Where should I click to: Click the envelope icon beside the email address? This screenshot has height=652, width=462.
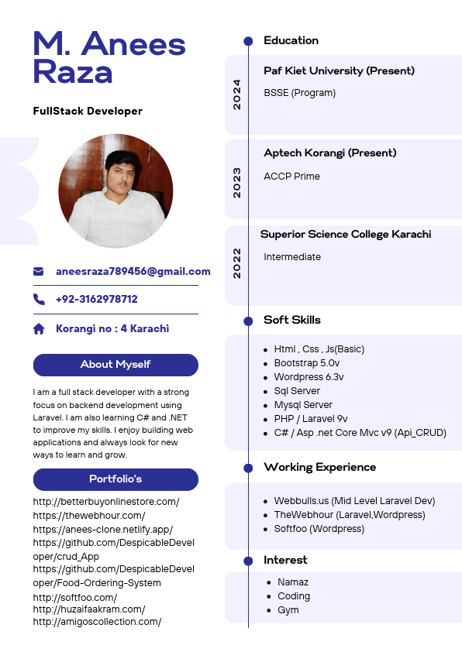tap(39, 272)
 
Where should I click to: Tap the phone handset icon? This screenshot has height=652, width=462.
tap(39, 299)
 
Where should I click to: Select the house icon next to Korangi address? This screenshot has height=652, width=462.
tap(39, 329)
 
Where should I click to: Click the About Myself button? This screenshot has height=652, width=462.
tap(115, 365)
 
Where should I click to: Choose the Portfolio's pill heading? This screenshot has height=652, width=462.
tap(115, 479)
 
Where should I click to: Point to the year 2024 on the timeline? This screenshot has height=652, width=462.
tap(237, 94)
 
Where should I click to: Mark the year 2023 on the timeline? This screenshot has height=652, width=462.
tap(237, 182)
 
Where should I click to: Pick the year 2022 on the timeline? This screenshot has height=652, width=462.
tap(237, 263)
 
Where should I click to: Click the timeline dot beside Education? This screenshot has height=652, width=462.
tap(248, 41)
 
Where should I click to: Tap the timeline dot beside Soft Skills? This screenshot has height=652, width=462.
tap(248, 321)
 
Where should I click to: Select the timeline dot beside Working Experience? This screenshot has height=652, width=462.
tap(248, 468)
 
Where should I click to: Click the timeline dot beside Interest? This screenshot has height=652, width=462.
tap(248, 561)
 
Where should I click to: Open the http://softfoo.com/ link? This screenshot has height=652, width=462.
tap(75, 598)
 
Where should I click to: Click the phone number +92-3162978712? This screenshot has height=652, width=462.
tap(97, 299)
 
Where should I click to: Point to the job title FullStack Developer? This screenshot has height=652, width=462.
tap(88, 111)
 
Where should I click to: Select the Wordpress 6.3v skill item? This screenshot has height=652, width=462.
tap(309, 377)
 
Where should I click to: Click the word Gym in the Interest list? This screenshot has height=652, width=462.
tap(288, 610)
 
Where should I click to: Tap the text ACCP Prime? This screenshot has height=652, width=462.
tap(291, 177)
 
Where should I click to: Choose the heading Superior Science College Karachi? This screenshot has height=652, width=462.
tap(346, 234)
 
